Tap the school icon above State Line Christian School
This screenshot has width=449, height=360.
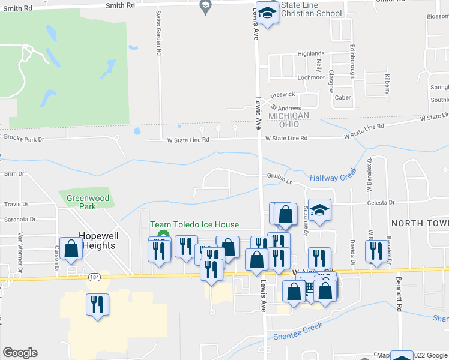[x=268, y=13]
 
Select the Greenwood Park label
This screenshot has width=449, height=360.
[x=88, y=202]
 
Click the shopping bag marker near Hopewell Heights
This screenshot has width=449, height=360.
[x=71, y=250]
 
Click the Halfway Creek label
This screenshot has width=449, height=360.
[x=333, y=177]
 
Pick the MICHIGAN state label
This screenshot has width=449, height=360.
[x=289, y=115]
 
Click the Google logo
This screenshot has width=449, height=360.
[x=19, y=353]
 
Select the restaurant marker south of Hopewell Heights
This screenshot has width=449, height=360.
[x=96, y=305]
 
